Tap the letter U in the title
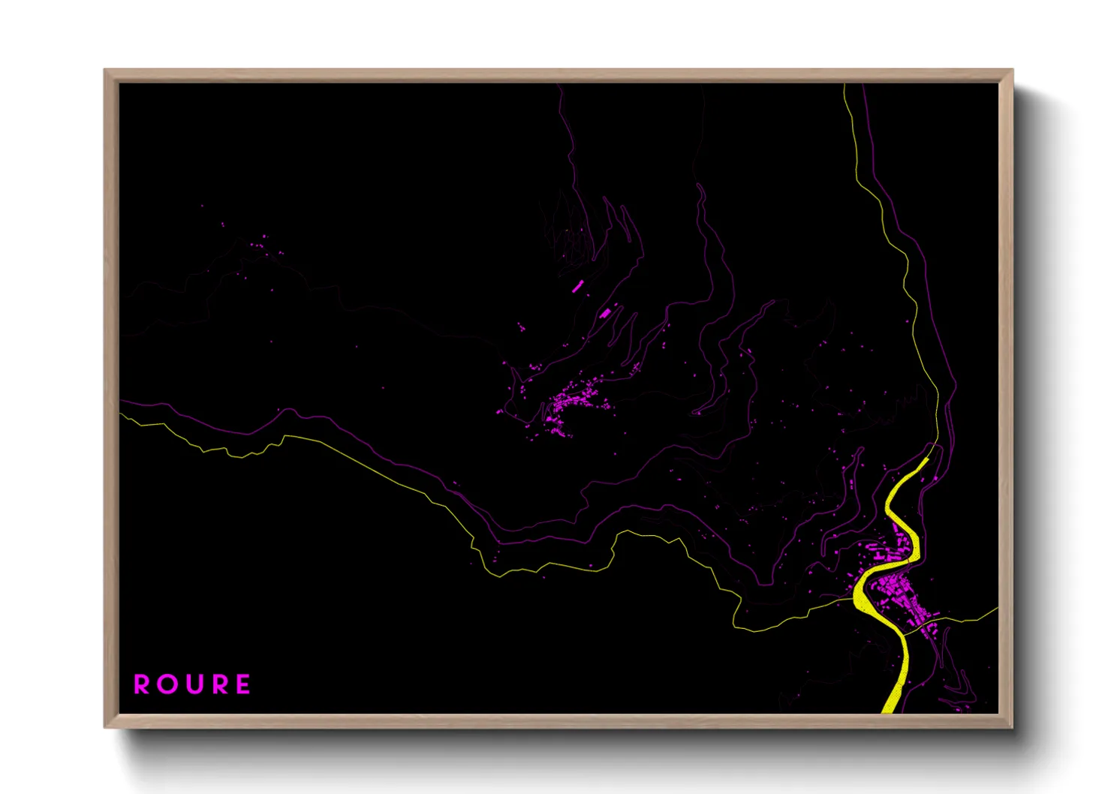point(192,684)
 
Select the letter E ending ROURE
point(243,684)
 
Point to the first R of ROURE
point(141,684)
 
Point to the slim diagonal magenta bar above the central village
point(577,286)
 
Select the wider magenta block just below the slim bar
point(605,312)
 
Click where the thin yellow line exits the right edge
point(997,609)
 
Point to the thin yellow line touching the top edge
point(845,86)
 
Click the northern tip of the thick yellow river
point(927,459)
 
